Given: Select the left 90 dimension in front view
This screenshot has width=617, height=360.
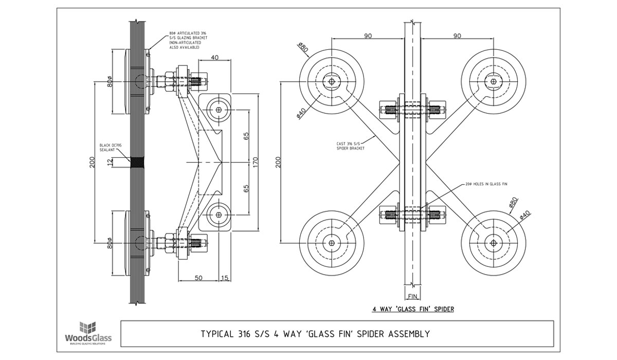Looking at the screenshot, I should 368,35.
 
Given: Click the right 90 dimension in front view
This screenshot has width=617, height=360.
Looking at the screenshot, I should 457,35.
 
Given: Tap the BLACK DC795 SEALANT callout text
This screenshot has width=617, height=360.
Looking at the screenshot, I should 110,148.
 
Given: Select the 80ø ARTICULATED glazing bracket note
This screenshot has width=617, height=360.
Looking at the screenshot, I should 188,42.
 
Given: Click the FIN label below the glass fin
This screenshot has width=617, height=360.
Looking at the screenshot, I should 412,296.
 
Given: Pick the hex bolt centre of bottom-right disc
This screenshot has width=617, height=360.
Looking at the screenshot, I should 494,243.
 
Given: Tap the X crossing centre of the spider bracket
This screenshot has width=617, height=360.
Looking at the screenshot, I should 412,162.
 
